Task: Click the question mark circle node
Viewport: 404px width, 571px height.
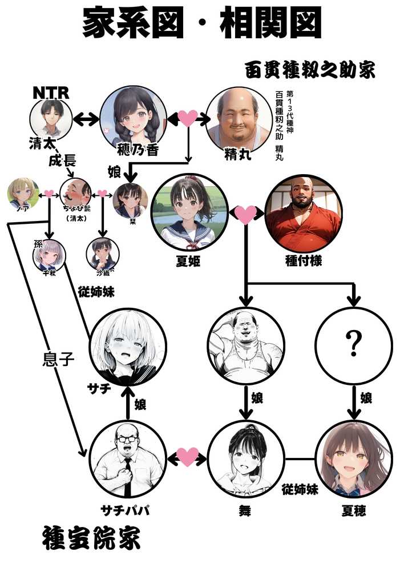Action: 354,344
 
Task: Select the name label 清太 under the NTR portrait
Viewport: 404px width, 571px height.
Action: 43,143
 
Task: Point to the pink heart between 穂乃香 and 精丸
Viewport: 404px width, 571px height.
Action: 187,118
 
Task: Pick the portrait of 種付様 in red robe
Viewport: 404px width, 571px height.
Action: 304,213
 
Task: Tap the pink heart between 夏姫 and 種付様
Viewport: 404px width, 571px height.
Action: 246,215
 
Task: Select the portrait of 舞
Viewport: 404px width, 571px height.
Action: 245,459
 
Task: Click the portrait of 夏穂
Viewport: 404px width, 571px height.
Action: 354,459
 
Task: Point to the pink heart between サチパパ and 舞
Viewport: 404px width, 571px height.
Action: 187,457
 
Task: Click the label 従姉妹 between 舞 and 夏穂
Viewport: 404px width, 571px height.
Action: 300,489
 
